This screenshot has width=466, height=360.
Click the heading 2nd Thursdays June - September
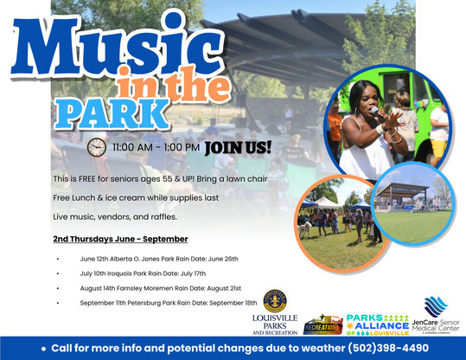120,238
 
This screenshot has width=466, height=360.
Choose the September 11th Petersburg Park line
169,303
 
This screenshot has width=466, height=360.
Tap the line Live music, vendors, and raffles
115,215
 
